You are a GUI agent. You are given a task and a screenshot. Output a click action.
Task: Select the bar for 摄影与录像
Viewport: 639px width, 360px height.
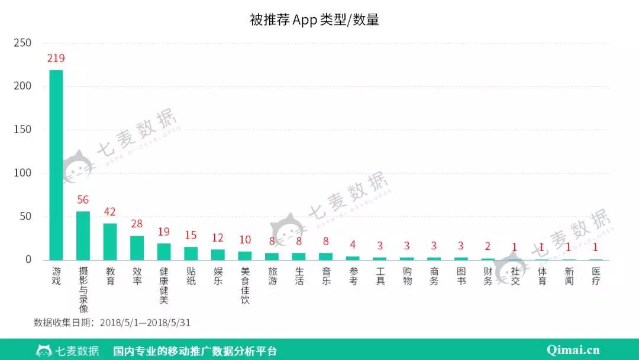(83, 236)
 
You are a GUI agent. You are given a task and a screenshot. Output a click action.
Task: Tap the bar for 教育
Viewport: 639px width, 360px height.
(110, 242)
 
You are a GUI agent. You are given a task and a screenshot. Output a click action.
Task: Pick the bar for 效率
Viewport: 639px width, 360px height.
(137, 247)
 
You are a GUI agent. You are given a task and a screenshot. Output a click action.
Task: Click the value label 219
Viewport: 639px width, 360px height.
(56, 59)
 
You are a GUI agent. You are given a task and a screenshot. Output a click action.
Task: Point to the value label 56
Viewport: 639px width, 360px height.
(83, 200)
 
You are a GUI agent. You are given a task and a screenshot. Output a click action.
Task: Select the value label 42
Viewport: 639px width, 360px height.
(110, 212)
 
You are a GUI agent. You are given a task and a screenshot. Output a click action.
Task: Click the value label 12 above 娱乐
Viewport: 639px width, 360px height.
(218, 237)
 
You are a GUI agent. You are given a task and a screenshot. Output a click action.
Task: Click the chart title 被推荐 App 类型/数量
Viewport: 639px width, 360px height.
(314, 20)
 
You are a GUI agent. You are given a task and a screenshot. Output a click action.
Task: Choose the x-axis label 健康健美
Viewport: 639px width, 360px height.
(164, 285)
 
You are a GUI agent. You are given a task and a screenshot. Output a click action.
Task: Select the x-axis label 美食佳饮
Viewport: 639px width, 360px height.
(245, 285)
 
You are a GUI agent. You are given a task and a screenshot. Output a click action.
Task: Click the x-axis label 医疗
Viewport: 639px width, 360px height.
(596, 276)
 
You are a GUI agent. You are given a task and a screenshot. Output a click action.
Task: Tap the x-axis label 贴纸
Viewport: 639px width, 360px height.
(191, 276)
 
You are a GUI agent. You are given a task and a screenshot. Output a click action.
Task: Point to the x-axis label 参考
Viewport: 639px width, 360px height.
(353, 276)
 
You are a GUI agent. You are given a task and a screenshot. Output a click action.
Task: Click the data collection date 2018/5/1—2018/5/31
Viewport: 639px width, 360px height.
(145, 323)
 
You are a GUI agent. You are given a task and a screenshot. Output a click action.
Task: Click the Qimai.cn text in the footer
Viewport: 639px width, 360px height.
(573, 350)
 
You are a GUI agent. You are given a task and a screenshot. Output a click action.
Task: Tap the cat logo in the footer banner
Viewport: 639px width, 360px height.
(43, 350)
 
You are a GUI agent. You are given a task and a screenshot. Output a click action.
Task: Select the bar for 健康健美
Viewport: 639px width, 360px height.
(164, 252)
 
